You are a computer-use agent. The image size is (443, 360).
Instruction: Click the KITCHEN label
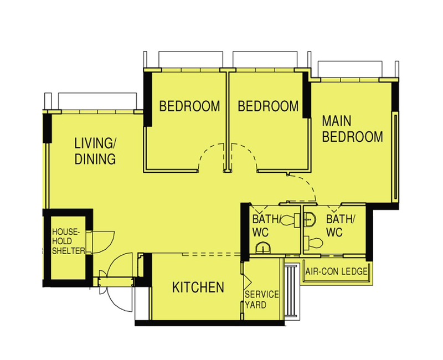(198, 287)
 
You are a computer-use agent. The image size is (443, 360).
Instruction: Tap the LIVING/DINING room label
(95, 151)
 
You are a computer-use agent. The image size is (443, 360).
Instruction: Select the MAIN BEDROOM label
(352, 129)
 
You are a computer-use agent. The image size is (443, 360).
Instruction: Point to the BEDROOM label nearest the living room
(189, 106)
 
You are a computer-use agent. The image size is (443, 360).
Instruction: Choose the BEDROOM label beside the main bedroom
(268, 106)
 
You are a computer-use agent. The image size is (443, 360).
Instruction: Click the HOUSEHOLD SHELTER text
(69, 241)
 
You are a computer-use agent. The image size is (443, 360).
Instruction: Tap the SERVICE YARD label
(261, 300)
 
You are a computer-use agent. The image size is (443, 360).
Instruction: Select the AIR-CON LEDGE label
(336, 271)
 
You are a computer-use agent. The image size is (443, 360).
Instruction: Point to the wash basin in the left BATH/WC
(264, 248)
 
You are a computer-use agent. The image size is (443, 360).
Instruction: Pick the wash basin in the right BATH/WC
(310, 219)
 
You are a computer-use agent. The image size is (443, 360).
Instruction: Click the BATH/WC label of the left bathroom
(265, 226)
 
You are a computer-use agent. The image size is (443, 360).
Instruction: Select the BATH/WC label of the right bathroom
(340, 226)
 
